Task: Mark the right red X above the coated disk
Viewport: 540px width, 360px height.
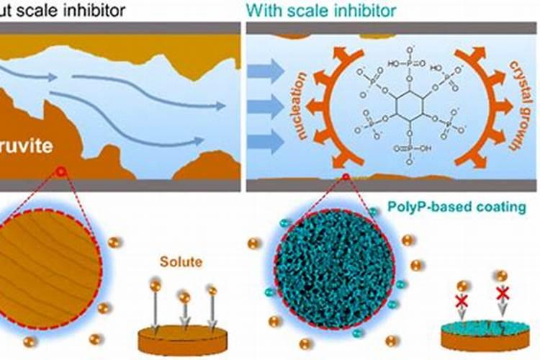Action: click(503, 293)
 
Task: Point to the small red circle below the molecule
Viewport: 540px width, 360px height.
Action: click(346, 176)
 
